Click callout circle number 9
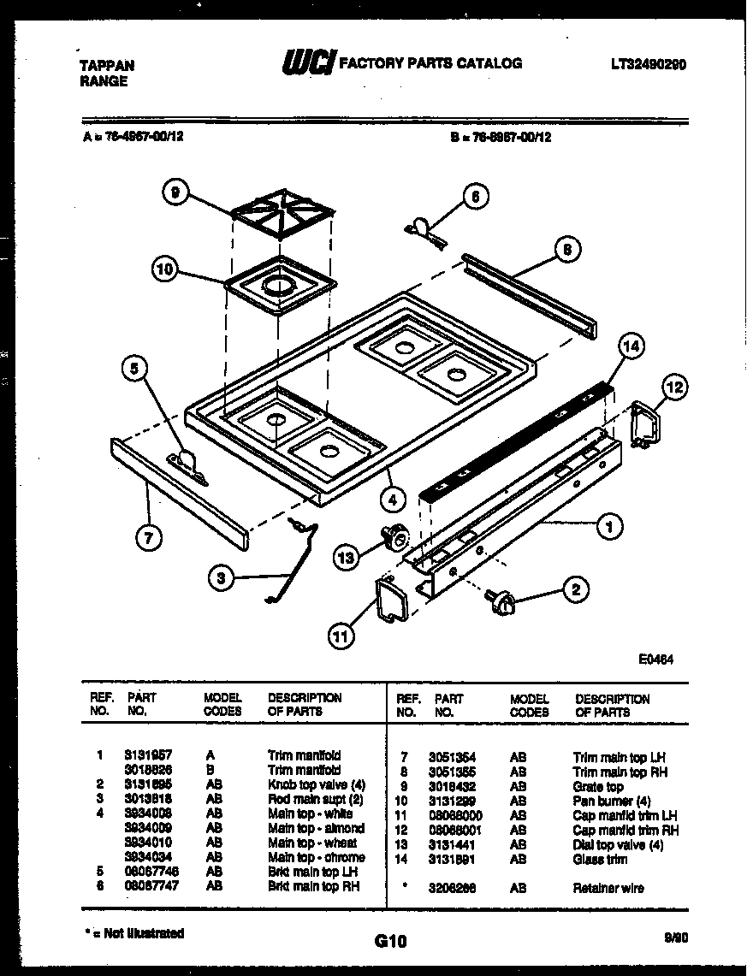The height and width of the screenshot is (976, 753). [x=175, y=194]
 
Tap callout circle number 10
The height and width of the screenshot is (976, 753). [x=166, y=270]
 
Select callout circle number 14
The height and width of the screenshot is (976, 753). [x=631, y=346]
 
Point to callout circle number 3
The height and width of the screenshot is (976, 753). [x=222, y=579]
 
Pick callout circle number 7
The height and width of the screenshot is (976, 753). [x=149, y=538]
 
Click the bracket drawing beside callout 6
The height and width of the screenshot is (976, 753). [x=424, y=230]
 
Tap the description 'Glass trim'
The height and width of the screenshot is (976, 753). [x=600, y=859]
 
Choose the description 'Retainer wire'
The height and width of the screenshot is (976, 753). [x=608, y=888]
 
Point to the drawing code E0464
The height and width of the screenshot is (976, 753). [x=655, y=660]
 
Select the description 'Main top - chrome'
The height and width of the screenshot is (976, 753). [x=316, y=857]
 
